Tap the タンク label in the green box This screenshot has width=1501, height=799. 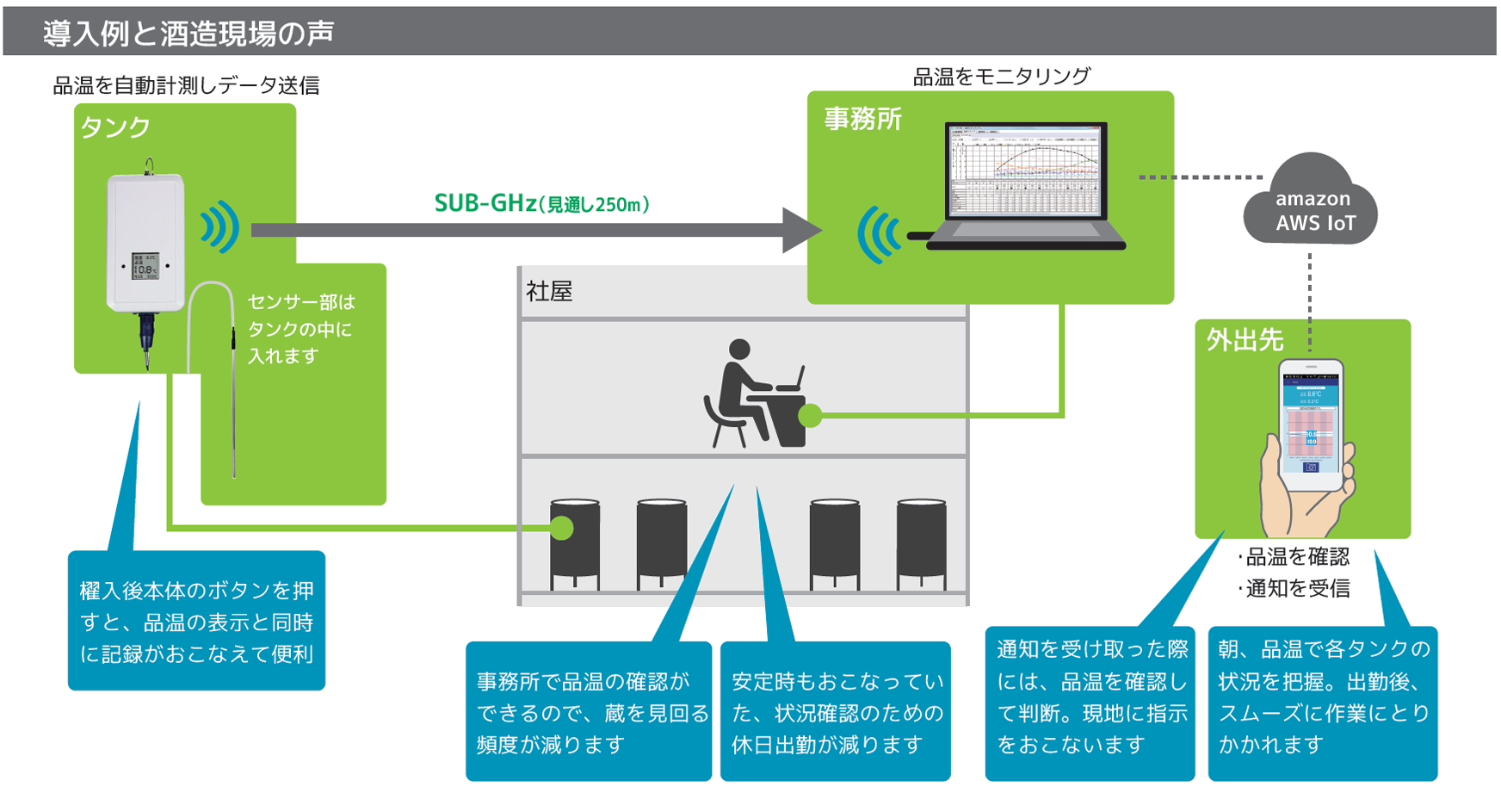[115, 127]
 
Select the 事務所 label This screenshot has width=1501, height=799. [862, 119]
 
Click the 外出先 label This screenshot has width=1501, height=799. [1245, 340]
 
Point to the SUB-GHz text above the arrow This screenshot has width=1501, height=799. [485, 203]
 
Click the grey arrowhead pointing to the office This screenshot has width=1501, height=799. [801, 230]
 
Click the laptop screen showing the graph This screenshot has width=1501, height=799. [1024, 170]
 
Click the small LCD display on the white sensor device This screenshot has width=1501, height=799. [145, 266]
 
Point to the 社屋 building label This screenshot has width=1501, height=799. [549, 292]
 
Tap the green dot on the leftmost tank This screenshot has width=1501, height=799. [561, 527]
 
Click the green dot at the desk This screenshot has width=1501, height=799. [810, 417]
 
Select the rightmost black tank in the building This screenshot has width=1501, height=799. [921, 542]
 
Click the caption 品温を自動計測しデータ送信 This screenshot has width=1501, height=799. [186, 85]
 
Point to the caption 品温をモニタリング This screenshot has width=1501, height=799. [1001, 77]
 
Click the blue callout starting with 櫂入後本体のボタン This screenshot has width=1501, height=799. [196, 622]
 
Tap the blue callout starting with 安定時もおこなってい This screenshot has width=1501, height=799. [836, 712]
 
